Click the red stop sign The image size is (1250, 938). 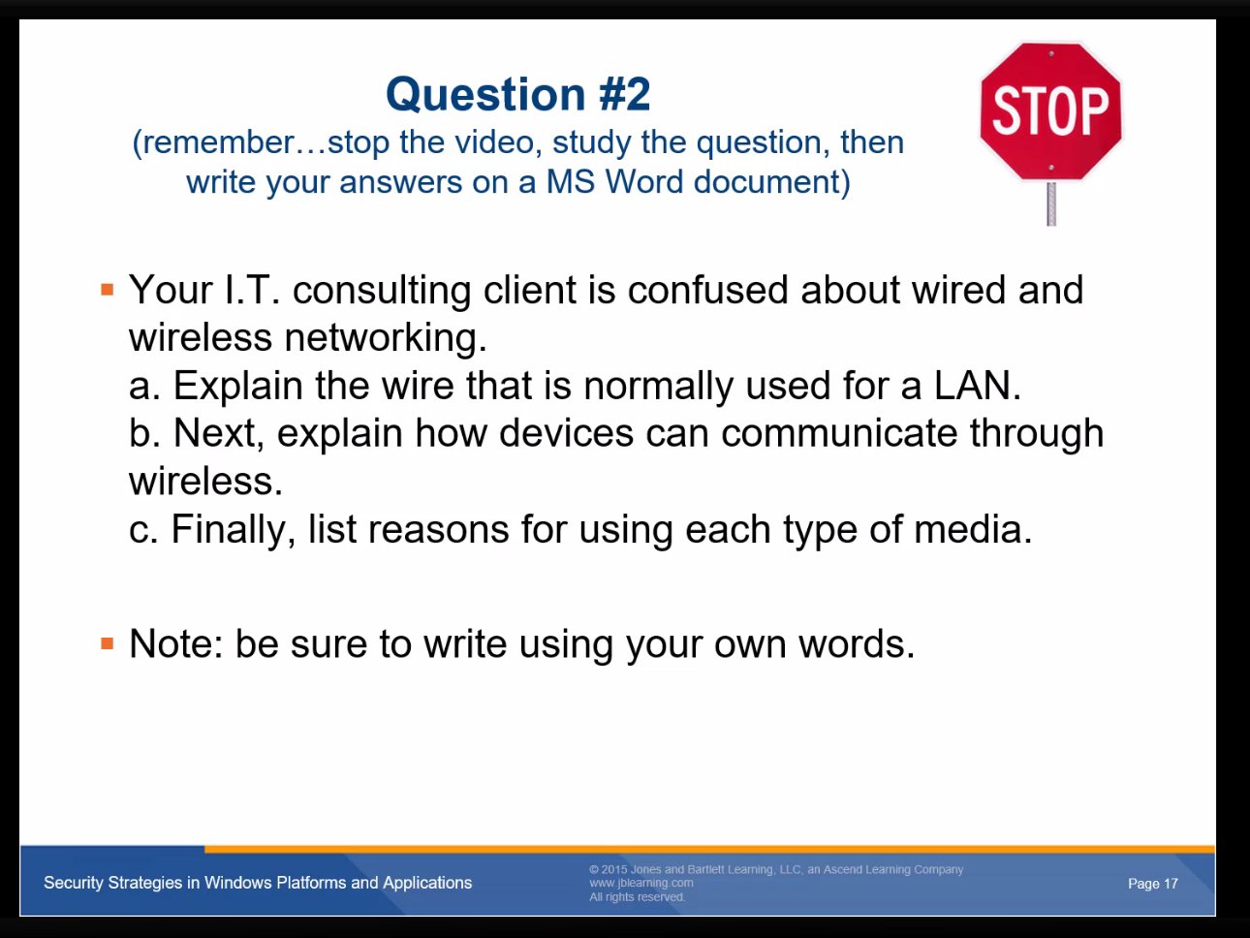click(x=1050, y=111)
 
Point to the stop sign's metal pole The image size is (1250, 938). click(x=1051, y=203)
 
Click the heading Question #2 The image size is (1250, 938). click(x=517, y=94)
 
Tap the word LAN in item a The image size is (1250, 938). click(x=977, y=386)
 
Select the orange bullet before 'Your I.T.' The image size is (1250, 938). click(x=107, y=290)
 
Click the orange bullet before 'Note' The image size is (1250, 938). click(x=107, y=643)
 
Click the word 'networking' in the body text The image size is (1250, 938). click(x=386, y=338)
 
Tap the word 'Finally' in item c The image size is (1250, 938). click(x=234, y=530)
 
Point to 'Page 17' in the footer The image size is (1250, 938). click(x=1153, y=884)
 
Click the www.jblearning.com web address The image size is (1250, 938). click(x=641, y=883)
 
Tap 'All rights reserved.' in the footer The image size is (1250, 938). click(x=637, y=897)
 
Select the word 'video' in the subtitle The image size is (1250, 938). click(x=498, y=142)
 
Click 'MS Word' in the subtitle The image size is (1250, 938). click(x=614, y=182)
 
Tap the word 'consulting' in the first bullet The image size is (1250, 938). click(x=382, y=291)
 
